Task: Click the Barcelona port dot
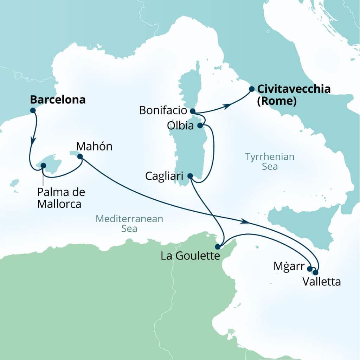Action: tap(33, 110)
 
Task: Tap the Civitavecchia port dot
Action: tap(252, 89)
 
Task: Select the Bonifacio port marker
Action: tap(192, 111)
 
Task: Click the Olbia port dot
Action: tap(200, 125)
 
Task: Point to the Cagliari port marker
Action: tap(190, 176)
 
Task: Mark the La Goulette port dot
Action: tap(218, 246)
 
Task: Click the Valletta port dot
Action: tap(315, 272)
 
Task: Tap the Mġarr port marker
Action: tap(310, 269)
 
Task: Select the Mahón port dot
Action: tap(80, 156)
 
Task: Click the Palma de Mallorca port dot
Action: tap(43, 166)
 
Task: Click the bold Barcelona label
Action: tap(58, 100)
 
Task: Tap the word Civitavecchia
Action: tap(294, 89)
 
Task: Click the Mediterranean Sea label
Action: tap(129, 224)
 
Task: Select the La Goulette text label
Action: tap(190, 256)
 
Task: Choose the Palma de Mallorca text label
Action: tap(61, 198)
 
